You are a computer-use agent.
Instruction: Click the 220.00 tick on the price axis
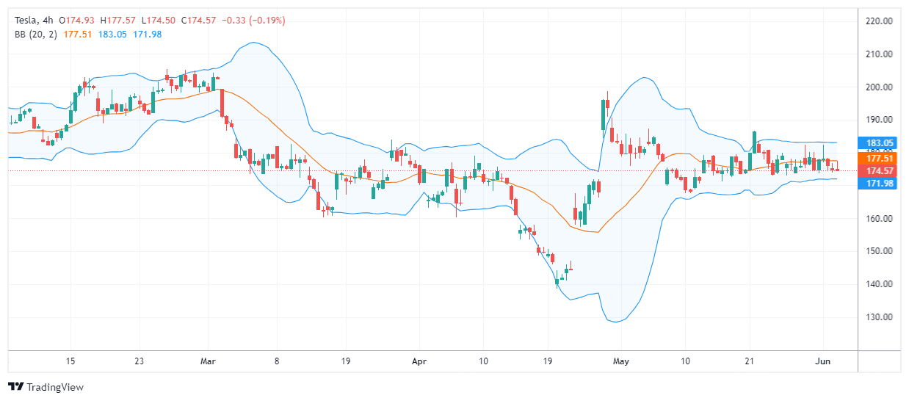point(879,21)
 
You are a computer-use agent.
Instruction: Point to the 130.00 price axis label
point(879,317)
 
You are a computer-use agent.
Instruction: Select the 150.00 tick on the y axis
point(879,251)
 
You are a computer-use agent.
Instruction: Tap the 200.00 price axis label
point(879,87)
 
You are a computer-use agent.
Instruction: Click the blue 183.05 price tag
point(879,142)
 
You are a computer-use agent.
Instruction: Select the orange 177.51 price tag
point(879,158)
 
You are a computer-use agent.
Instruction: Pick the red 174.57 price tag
point(879,170)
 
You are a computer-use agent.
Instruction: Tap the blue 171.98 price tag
point(879,183)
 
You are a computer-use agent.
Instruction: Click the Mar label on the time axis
point(209,361)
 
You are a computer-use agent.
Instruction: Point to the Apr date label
point(419,361)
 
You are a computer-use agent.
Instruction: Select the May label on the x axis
point(620,361)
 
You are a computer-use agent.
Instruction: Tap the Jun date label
point(822,361)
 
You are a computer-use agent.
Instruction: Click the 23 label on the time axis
point(139,361)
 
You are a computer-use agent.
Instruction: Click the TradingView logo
point(46,387)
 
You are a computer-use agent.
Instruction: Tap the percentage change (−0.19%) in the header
point(260,20)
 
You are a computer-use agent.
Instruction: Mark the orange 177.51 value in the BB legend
point(78,35)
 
